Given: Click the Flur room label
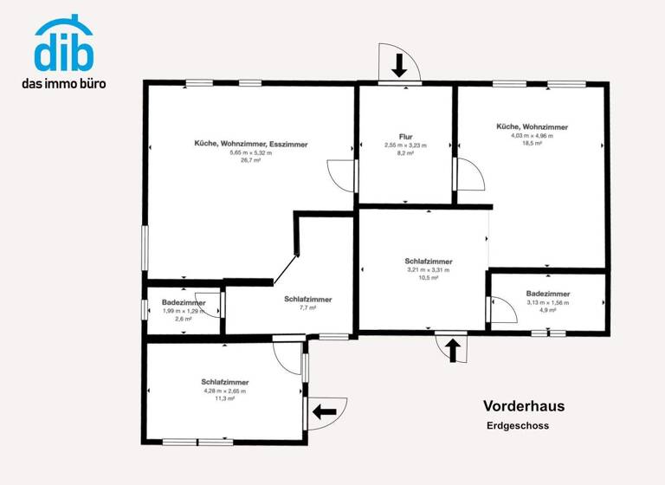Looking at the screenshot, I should (405, 137).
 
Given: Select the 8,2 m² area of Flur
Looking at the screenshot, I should (405, 152).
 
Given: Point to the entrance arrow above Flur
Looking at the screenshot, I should (399, 65).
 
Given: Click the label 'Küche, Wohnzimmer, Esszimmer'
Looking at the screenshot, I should (250, 144).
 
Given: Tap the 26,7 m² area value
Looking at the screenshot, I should (250, 160).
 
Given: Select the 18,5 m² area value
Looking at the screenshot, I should (532, 143).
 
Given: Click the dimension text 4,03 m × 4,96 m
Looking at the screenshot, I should (532, 135).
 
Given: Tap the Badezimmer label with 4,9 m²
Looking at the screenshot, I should (548, 294).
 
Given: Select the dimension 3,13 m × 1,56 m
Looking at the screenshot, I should (548, 302).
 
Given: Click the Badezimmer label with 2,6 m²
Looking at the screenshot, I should (184, 302).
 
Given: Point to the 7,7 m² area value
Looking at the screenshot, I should (307, 307).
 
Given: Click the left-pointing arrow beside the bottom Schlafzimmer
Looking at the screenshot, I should (324, 411).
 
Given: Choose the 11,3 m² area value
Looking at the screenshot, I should (225, 398).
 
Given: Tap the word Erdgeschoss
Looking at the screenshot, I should (517, 425).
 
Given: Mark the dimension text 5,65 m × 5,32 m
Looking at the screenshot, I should (250, 152).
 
